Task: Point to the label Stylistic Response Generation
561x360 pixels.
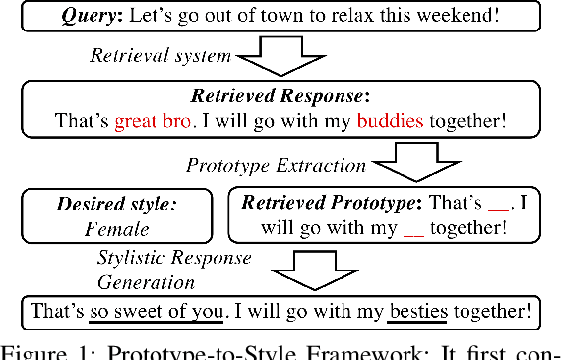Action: (173, 268)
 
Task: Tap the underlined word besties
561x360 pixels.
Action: (417, 313)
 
